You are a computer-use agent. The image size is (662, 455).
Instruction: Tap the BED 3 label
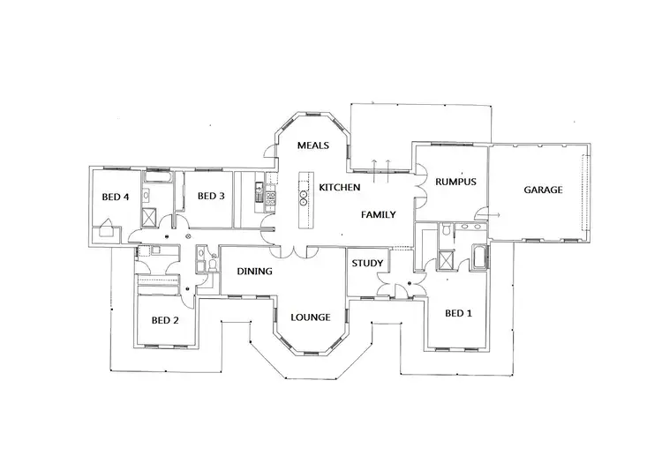point(213,196)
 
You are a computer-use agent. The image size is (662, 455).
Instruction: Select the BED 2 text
point(165,320)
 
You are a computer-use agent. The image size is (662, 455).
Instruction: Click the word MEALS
point(312,145)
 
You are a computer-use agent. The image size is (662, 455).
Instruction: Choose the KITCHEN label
point(339,188)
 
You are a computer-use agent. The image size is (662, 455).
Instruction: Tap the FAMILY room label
point(378,214)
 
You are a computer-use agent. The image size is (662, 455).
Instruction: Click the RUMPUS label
point(457,182)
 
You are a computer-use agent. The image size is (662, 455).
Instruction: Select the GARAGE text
point(543,190)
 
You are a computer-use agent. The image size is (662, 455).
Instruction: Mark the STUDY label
point(366,263)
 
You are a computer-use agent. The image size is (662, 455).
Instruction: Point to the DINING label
point(254,272)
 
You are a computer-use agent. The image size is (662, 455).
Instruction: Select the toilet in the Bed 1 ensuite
point(448,231)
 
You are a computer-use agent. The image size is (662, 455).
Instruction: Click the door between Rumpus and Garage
point(482,212)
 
